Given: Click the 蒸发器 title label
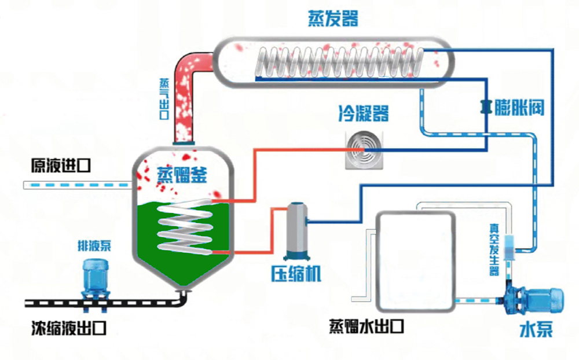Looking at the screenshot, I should point(332,19).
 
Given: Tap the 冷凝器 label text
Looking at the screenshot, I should point(363,113).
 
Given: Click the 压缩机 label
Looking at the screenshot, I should point(296,274).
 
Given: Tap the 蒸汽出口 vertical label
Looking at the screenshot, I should point(164,98).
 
